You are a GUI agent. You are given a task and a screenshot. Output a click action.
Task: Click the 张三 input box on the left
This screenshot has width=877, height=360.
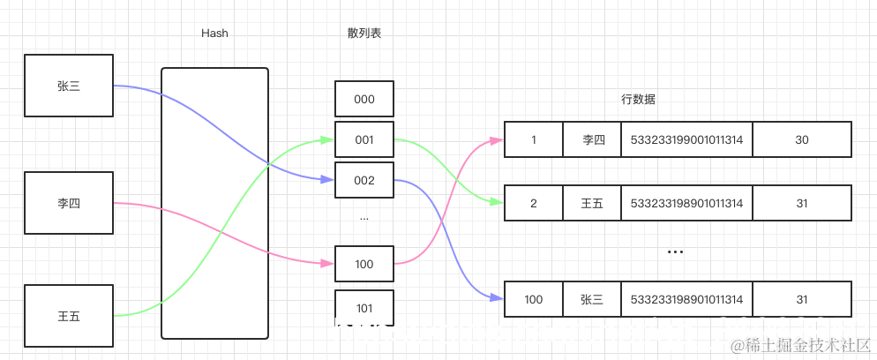pyautogui.click(x=69, y=86)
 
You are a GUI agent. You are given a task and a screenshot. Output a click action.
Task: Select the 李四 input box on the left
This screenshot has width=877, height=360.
pyautogui.click(x=69, y=203)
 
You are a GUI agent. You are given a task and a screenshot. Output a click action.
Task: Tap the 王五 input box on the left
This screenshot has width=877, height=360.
pyautogui.click(x=69, y=315)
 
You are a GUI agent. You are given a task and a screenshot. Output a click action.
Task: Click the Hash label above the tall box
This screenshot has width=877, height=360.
pyautogui.click(x=214, y=34)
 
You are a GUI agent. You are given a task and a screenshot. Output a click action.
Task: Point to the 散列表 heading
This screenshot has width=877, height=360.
pyautogui.click(x=364, y=34)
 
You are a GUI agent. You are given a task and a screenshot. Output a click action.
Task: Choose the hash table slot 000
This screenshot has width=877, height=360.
pyautogui.click(x=364, y=100)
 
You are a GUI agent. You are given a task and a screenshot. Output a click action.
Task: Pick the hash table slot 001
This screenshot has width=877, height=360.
pyautogui.click(x=364, y=139)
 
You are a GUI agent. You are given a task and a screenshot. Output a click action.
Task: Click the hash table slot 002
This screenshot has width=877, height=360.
pyautogui.click(x=364, y=180)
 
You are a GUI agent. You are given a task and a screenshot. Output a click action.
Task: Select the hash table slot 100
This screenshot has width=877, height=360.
pyautogui.click(x=364, y=264)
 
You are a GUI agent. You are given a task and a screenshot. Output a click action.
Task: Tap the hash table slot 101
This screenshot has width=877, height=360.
pyautogui.click(x=364, y=308)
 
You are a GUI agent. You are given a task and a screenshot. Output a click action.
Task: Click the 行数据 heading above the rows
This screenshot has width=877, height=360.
pyautogui.click(x=639, y=100)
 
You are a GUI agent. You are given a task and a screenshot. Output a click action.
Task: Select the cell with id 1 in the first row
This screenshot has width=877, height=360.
pyautogui.click(x=533, y=139)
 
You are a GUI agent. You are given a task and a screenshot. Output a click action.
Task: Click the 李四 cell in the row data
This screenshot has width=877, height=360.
pyautogui.click(x=592, y=139)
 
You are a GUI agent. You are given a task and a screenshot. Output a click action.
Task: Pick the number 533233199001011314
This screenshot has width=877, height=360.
pyautogui.click(x=686, y=139)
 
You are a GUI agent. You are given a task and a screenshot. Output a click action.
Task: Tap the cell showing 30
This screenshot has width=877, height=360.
pyautogui.click(x=802, y=139)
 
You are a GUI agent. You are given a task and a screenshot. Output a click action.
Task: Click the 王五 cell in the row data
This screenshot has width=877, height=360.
pyautogui.click(x=592, y=203)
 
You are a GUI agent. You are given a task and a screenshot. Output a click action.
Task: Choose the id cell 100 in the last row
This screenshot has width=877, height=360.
pyautogui.click(x=533, y=299)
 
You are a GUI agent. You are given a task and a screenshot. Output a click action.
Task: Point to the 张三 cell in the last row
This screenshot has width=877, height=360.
pyautogui.click(x=592, y=299)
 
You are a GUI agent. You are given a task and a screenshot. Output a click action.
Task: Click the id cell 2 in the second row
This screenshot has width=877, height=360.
pyautogui.click(x=533, y=203)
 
